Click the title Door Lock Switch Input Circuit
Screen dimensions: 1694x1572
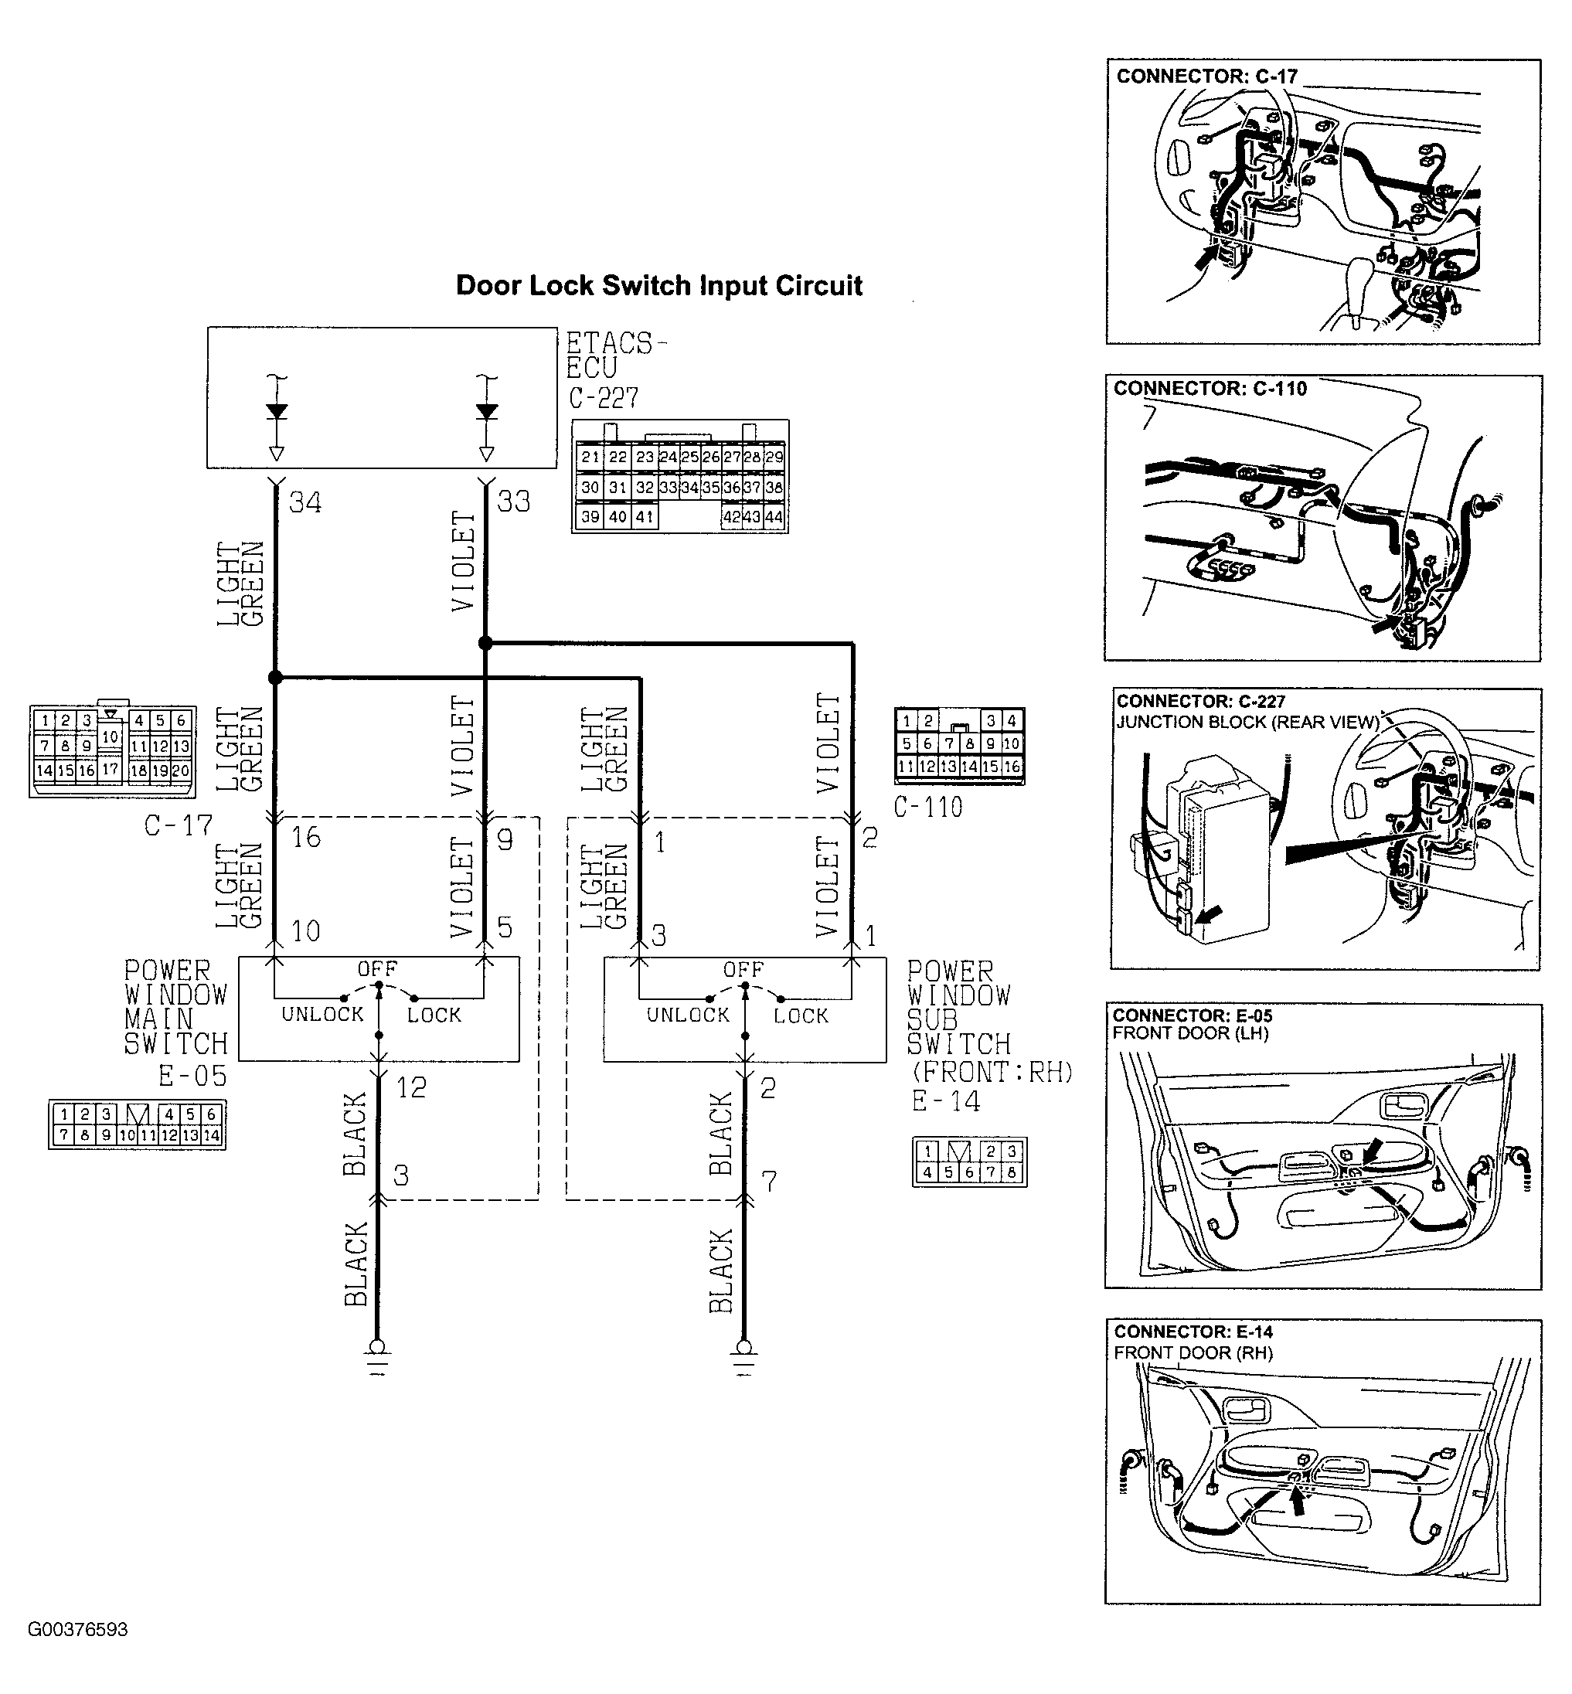tap(658, 286)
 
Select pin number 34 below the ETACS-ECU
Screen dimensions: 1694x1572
tap(305, 502)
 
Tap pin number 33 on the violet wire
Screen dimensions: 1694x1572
tap(514, 502)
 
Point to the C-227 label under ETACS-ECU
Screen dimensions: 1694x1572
tap(603, 398)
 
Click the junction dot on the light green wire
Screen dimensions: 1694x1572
tap(275, 678)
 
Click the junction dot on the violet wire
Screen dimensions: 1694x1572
tap(485, 644)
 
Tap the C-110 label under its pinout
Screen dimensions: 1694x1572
tap(928, 807)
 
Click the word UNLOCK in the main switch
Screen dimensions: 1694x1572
tap(322, 1015)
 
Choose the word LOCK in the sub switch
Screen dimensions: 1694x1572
tap(801, 1015)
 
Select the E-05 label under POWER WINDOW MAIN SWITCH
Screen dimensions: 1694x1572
tap(192, 1077)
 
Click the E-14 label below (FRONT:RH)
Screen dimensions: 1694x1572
tap(946, 1102)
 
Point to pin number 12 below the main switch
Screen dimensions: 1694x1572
tap(412, 1087)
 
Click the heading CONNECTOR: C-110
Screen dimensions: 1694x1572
tap(1210, 389)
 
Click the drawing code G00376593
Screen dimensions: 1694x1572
tap(77, 1629)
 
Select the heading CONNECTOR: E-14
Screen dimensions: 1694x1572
tap(1193, 1332)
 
